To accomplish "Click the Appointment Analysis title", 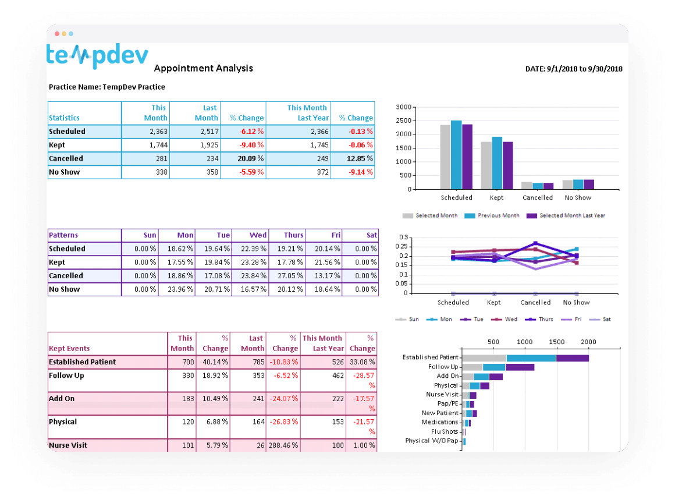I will click(203, 68).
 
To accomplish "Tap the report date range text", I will click(573, 69).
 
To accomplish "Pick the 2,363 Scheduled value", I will click(158, 132).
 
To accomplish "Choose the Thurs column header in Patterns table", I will click(293, 235).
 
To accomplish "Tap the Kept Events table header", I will click(69, 349).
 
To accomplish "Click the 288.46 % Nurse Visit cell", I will click(283, 445).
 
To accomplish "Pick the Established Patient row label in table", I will click(82, 362).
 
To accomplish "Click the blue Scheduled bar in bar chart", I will click(456, 154).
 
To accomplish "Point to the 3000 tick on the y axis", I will click(403, 107).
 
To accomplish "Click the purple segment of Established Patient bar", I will click(572, 357).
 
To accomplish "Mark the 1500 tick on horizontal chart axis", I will click(557, 342).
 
